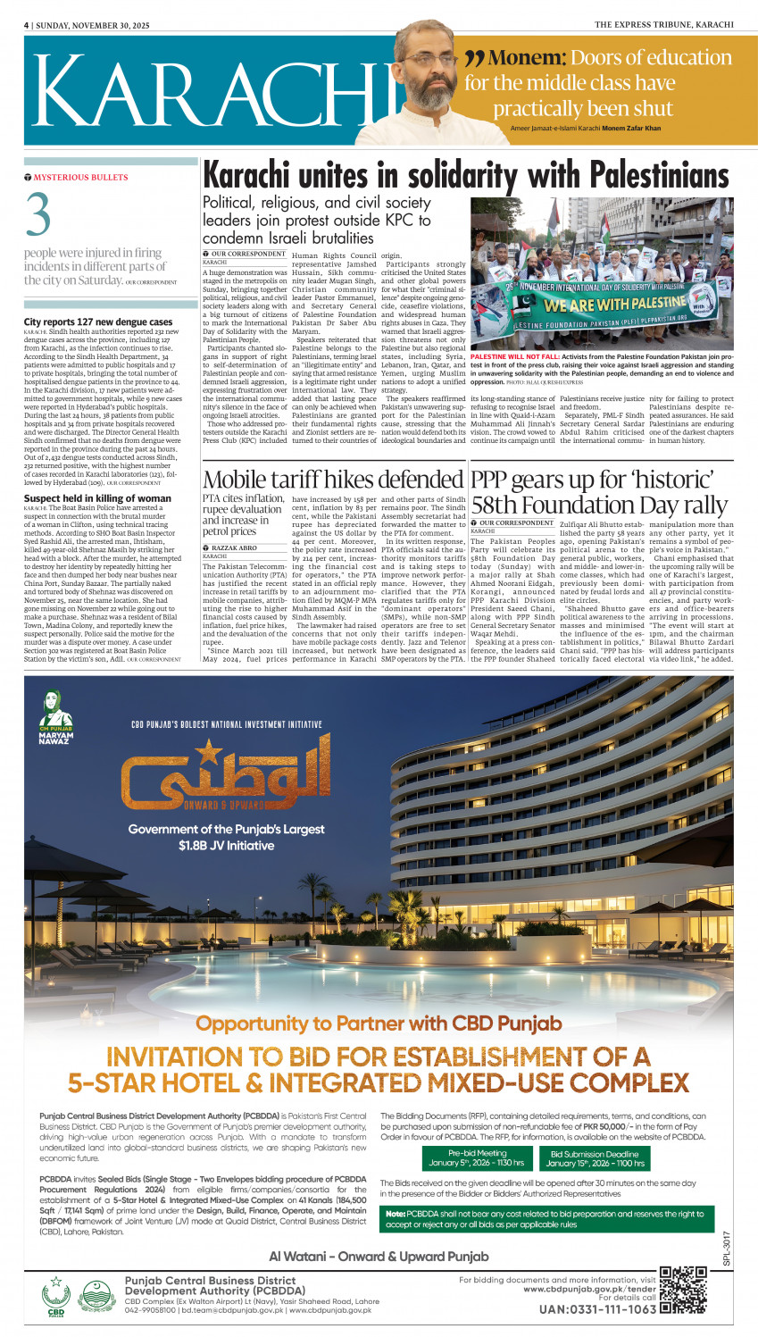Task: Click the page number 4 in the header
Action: pyautogui.click(x=27, y=25)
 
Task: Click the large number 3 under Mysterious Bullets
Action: pyautogui.click(x=37, y=215)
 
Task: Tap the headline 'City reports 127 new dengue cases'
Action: pyautogui.click(x=98, y=322)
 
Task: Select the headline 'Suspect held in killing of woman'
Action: pyautogui.click(x=97, y=498)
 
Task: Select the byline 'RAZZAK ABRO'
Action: pyautogui.click(x=235, y=547)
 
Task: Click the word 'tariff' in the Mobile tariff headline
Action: pyautogui.click(x=322, y=479)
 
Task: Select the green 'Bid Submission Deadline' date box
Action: pyautogui.click(x=593, y=1158)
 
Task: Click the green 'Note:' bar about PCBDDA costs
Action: pyautogui.click(x=547, y=1218)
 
